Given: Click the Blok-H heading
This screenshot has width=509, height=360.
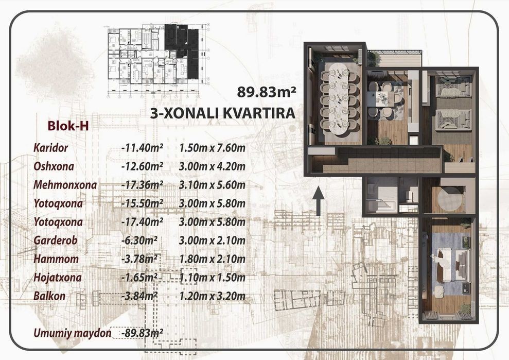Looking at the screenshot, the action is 68,126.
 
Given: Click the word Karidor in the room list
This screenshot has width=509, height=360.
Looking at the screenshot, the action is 50,148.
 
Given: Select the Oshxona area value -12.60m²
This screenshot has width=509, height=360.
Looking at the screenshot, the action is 142,166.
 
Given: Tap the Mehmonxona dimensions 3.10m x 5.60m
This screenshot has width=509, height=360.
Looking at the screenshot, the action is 212,185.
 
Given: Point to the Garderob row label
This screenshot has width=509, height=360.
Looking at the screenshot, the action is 55,241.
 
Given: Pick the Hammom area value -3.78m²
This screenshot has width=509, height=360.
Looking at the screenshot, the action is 139,259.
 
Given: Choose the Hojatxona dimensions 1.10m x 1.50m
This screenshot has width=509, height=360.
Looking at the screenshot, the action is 212,278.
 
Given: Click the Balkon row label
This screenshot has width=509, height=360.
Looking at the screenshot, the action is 49,296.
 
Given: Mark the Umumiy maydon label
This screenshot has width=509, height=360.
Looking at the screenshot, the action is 72,333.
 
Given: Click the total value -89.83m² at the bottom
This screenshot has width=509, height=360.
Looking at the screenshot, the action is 142,333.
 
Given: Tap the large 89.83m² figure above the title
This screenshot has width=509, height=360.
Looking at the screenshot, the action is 266,92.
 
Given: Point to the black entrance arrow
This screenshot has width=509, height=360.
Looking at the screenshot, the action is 319,201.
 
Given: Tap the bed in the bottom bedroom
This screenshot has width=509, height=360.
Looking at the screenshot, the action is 453,265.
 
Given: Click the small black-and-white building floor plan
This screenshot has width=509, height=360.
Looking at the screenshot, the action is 159,60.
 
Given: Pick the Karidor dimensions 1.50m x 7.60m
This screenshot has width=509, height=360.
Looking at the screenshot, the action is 212,148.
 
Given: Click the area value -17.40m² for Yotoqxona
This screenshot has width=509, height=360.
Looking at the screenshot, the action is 142,222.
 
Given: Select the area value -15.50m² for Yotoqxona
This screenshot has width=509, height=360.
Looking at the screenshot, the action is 142,203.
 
